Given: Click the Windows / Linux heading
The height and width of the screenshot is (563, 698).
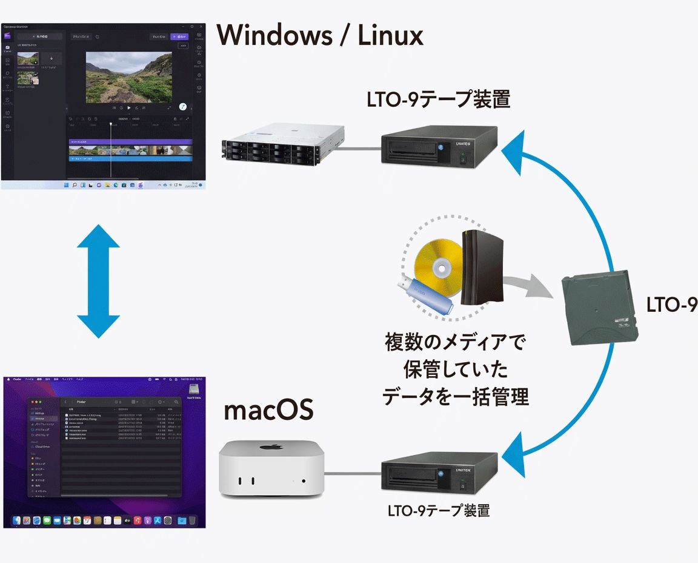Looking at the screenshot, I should tap(320, 36).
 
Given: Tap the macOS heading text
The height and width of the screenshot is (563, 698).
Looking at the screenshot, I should tap(268, 411).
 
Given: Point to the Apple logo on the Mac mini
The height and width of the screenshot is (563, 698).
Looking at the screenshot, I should tap(273, 448).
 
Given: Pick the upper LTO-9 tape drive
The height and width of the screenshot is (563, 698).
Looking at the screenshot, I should tap(440, 145).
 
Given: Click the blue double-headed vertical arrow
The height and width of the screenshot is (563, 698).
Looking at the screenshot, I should tap(99, 281).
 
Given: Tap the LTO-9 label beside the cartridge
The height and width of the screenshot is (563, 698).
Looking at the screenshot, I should tap(671, 305).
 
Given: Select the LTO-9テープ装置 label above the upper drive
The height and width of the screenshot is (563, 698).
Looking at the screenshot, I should tap(439, 99).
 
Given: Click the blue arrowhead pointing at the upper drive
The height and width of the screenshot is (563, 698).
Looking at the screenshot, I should tap(517, 152).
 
